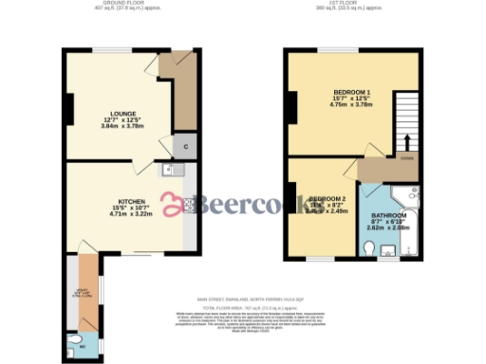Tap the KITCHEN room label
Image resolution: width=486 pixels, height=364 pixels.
(131, 201)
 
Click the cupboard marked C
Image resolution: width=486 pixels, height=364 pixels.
(185, 146)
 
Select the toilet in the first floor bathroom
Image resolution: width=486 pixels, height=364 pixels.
(369, 249)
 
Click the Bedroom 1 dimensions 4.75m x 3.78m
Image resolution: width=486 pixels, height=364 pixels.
(349, 106)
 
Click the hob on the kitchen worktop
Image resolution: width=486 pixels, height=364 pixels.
(190, 203)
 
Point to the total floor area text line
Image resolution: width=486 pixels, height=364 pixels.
(242, 308)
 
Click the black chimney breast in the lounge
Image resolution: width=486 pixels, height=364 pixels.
(68, 110)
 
